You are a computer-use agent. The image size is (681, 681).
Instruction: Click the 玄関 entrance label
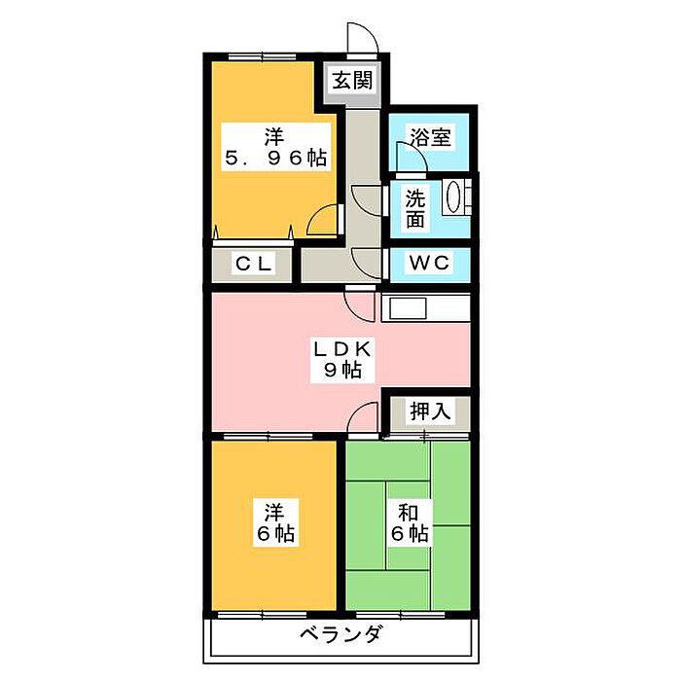(x=352, y=81)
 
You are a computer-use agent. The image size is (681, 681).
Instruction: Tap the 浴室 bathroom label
(x=430, y=138)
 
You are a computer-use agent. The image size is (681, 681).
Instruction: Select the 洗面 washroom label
(x=415, y=209)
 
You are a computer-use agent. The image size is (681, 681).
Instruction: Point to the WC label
(x=429, y=263)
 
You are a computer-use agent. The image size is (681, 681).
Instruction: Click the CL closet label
(x=254, y=264)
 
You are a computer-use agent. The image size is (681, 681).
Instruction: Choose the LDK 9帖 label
(x=342, y=359)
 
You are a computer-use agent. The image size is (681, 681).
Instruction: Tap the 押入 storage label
(x=430, y=411)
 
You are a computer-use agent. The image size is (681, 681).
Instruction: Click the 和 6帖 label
(x=410, y=523)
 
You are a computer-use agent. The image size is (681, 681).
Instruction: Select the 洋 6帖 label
(x=275, y=522)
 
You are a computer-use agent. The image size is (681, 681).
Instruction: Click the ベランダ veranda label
(x=341, y=634)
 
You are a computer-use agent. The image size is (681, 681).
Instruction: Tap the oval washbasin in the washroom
(x=454, y=197)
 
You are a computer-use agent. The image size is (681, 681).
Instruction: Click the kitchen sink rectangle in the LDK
(x=408, y=309)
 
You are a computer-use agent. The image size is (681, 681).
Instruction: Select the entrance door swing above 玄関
(x=363, y=38)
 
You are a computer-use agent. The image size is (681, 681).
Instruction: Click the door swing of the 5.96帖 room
(x=322, y=220)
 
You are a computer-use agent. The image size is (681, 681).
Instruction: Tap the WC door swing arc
(x=368, y=264)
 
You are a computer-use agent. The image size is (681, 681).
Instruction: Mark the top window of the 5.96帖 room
(x=262, y=56)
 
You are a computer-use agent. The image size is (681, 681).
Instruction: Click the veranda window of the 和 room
(x=400, y=615)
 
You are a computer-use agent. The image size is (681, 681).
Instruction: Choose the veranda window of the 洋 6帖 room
(x=262, y=615)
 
